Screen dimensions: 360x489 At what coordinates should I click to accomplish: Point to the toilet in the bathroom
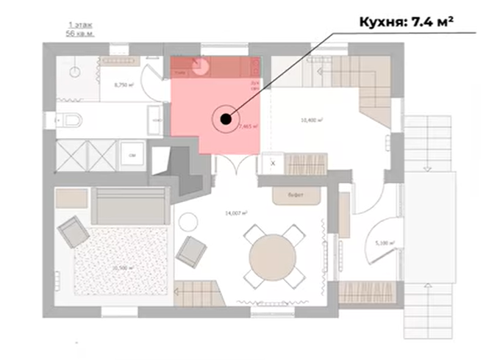[x=70, y=120]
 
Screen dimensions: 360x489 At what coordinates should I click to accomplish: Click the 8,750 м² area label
[x=123, y=85]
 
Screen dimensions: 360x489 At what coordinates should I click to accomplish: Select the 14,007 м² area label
[x=235, y=212]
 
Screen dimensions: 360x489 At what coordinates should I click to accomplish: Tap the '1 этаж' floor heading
[x=77, y=25]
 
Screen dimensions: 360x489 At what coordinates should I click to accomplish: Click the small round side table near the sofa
[x=188, y=220]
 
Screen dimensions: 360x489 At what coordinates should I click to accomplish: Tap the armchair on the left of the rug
[x=74, y=234]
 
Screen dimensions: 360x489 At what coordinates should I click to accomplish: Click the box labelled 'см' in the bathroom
[x=132, y=155]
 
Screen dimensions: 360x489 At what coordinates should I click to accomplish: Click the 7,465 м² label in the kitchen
[x=249, y=126]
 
